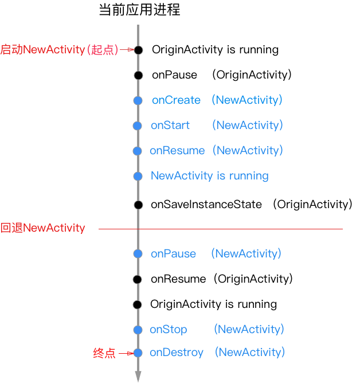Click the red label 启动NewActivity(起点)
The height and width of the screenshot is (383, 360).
pyautogui.click(x=59, y=50)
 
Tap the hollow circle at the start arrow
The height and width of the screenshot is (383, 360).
pyautogui.click(x=138, y=50)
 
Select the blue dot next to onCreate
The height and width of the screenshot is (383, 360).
pyautogui.click(x=138, y=100)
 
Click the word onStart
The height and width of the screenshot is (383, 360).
pyautogui.click(x=170, y=126)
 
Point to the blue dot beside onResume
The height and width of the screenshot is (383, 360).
pyautogui.click(x=137, y=151)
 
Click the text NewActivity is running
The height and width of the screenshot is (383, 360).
pyautogui.click(x=209, y=176)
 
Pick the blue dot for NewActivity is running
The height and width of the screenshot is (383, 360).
pyautogui.click(x=138, y=176)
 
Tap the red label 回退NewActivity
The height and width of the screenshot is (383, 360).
pyautogui.click(x=42, y=228)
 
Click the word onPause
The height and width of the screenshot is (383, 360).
pyautogui.click(x=173, y=254)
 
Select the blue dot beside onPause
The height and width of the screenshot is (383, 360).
pyautogui.click(x=138, y=254)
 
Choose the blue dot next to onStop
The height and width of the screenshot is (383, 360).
pyautogui.click(x=138, y=330)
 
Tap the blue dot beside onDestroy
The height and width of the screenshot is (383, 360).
pyautogui.click(x=138, y=353)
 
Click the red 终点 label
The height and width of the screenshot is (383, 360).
pyautogui.click(x=104, y=353)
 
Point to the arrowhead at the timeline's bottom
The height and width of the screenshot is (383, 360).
pyautogui.click(x=138, y=376)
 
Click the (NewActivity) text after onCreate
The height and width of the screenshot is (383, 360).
pyautogui.click(x=246, y=100)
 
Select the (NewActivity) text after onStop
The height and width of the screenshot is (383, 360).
pyautogui.click(x=249, y=330)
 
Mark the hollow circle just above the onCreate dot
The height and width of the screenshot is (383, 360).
pyautogui.click(x=138, y=75)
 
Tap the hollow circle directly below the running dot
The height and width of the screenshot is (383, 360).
pyautogui.click(x=138, y=205)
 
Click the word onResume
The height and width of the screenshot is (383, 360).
pyautogui.click(x=177, y=151)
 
